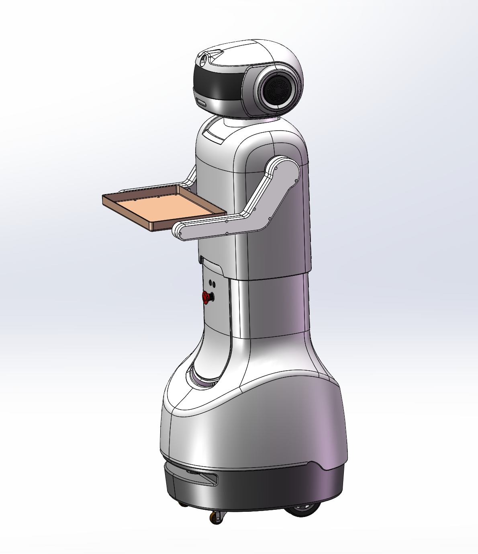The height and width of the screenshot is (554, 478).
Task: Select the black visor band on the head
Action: tap(219, 82)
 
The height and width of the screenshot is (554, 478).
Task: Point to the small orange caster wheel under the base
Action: tap(217, 517)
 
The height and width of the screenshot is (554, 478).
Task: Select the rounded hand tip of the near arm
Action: tap(179, 231)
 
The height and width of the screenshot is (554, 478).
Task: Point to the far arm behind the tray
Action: tap(190, 177)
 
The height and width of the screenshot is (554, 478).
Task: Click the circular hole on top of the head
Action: tap(203, 59)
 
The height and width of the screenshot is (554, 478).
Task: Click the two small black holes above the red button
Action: tap(212, 284)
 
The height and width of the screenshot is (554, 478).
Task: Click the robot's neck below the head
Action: tap(245, 119)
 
